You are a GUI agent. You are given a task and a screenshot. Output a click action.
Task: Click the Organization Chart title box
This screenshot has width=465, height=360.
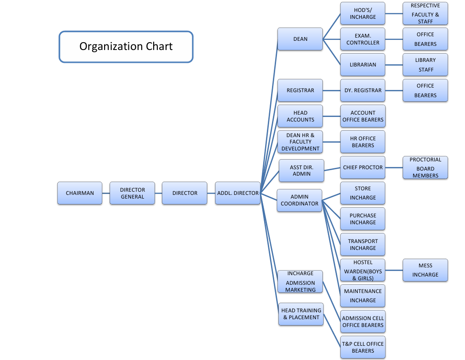click(x=126, y=46)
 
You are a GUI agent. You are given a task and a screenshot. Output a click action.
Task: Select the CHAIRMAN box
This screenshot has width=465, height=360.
click(x=80, y=193)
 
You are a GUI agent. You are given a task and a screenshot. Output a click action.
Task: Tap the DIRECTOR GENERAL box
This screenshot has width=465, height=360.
click(x=132, y=193)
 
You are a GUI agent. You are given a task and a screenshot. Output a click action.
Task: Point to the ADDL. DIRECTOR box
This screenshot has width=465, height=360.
click(x=238, y=193)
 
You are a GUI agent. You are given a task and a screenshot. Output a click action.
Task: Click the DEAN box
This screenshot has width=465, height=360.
click(x=300, y=39)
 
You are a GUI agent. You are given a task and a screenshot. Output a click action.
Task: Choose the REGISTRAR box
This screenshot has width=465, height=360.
click(x=300, y=90)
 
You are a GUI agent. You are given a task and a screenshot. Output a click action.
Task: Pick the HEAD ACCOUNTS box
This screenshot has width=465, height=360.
click(x=300, y=116)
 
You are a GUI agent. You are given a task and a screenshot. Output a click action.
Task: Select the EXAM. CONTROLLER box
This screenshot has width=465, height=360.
click(x=363, y=39)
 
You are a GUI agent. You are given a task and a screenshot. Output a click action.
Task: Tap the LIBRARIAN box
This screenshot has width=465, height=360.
click(x=363, y=65)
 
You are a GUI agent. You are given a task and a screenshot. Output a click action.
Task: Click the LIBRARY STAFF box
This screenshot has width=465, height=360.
click(x=425, y=65)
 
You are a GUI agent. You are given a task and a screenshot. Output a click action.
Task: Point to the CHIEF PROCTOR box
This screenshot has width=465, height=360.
click(x=363, y=167)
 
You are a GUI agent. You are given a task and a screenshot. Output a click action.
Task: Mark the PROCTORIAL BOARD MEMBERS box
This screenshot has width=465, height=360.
click(x=425, y=167)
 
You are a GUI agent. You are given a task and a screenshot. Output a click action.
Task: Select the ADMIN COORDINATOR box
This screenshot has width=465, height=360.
click(x=299, y=200)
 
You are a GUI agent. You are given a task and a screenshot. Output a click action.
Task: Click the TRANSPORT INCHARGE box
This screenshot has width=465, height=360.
click(x=363, y=244)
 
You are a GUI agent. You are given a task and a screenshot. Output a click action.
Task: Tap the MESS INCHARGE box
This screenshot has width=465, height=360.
click(x=425, y=270)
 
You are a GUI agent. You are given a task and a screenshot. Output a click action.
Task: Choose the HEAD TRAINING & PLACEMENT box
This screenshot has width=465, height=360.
click(x=301, y=314)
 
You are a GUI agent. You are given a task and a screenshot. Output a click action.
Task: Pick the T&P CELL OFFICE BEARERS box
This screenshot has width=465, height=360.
click(x=363, y=347)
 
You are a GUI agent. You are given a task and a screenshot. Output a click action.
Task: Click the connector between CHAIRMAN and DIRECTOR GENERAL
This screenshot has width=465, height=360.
click(x=106, y=193)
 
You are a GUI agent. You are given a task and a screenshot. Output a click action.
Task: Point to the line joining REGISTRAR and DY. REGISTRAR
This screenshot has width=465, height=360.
click(x=332, y=90)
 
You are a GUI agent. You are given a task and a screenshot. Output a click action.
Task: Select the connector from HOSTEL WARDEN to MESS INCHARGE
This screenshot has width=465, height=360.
click(x=394, y=270)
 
